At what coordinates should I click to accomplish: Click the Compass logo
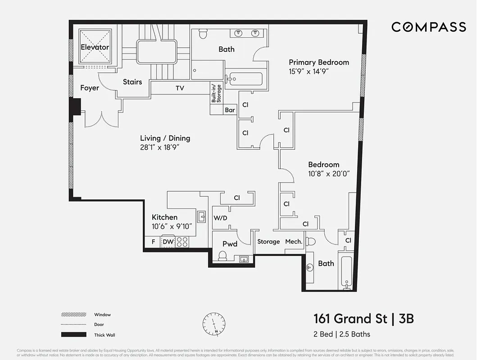pyautogui.click(x=428, y=27)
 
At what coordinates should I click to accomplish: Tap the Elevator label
pyautogui.click(x=95, y=47)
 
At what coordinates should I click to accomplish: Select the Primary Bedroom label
pyautogui.click(x=318, y=63)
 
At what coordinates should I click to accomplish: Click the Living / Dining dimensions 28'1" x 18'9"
pyautogui.click(x=165, y=147)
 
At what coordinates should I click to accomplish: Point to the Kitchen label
pyautogui.click(x=164, y=217)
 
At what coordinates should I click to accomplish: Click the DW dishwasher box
pyautogui.click(x=168, y=242)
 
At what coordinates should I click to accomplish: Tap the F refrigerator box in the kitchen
pyautogui.click(x=153, y=242)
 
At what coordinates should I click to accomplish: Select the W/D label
pyautogui.click(x=220, y=218)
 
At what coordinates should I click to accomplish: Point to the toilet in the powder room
pyautogui.click(x=222, y=256)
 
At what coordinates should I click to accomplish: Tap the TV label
pyautogui.click(x=180, y=88)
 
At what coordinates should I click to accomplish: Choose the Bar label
pyautogui.click(x=230, y=110)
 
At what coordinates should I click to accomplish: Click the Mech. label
pyautogui.click(x=293, y=242)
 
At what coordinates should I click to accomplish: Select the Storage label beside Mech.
pyautogui.click(x=268, y=242)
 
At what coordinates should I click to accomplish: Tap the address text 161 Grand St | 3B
pyautogui.click(x=363, y=319)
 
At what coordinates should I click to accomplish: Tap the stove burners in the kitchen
pyautogui.click(x=182, y=242)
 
